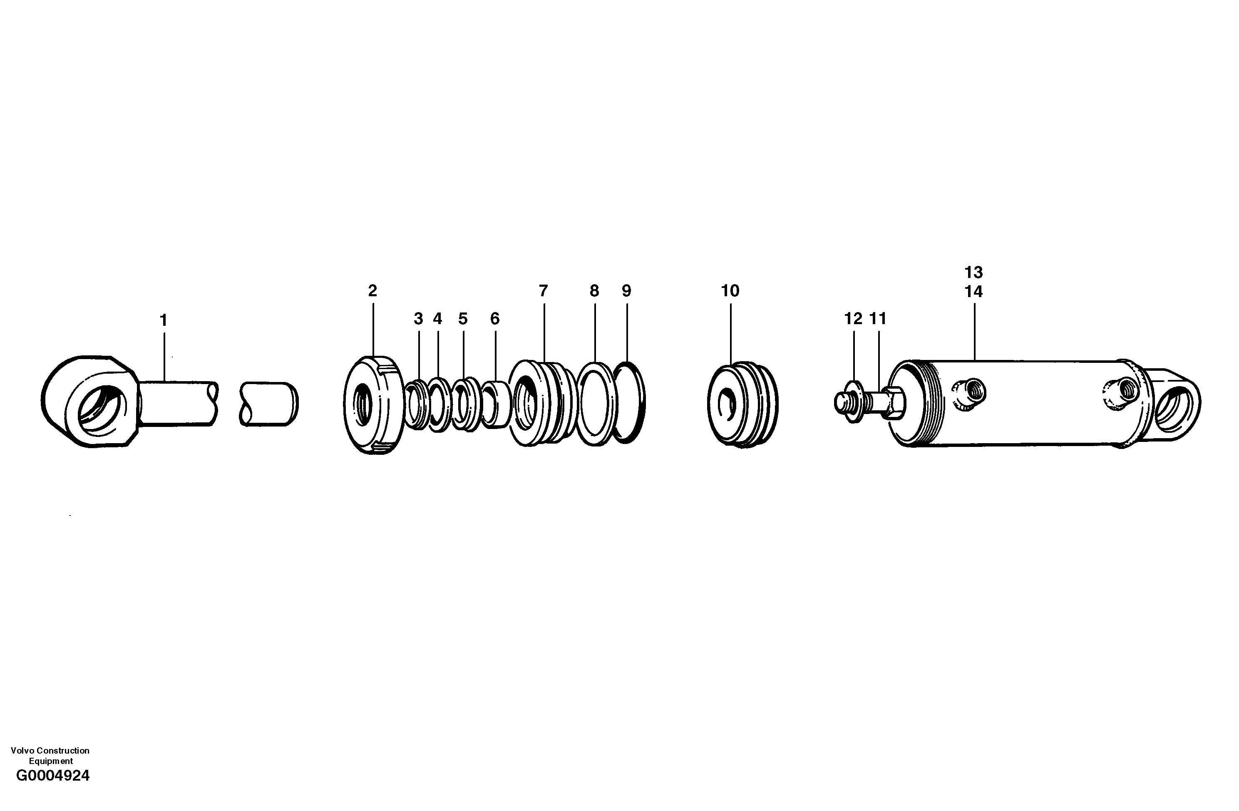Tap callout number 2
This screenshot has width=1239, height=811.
tap(372, 291)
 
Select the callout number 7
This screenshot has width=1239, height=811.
tap(543, 291)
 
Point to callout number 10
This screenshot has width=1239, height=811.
tap(730, 291)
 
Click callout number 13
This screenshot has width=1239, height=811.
tap(973, 272)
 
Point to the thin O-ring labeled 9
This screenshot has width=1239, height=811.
tap(629, 402)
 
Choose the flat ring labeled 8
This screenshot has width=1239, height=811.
tap(596, 404)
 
